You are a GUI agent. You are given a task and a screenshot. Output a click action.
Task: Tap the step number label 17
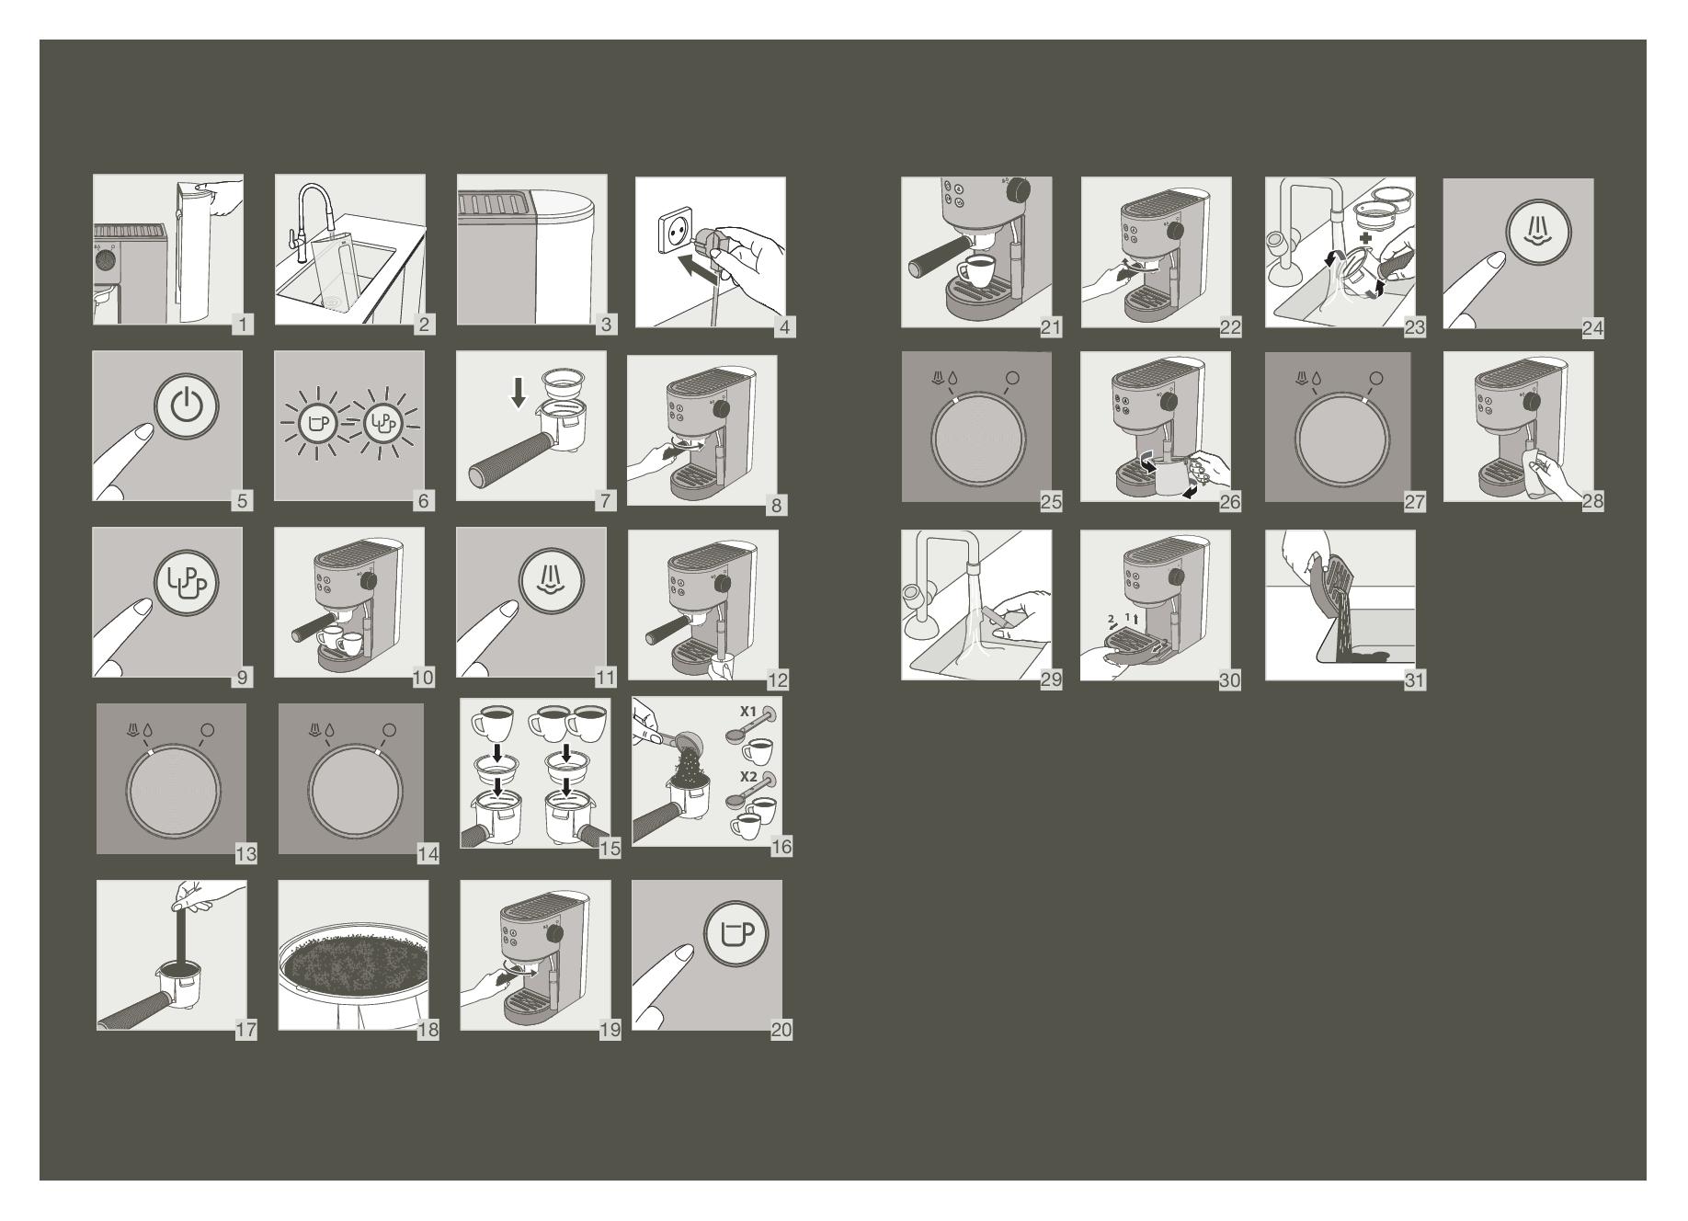click(245, 1030)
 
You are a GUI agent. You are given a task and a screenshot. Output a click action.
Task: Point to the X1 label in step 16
click(748, 712)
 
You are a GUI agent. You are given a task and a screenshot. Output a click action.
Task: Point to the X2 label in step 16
click(749, 777)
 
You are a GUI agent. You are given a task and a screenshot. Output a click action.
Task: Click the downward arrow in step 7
click(519, 393)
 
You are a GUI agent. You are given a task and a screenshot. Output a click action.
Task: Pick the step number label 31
click(1414, 679)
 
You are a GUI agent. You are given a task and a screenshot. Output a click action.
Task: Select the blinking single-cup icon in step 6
click(317, 424)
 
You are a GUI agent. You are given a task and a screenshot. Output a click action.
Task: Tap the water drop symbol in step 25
click(950, 378)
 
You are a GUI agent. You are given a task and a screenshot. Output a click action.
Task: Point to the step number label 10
click(423, 678)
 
